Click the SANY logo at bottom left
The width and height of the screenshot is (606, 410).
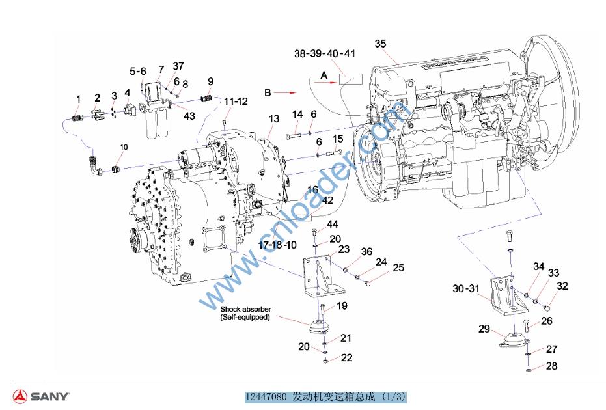point(40,396)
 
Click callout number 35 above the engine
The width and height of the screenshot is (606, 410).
point(381,44)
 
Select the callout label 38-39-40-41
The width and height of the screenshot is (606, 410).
point(324,53)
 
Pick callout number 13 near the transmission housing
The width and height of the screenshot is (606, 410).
point(273,119)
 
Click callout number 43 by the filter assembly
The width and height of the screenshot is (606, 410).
point(189,116)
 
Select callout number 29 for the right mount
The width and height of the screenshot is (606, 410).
point(484,329)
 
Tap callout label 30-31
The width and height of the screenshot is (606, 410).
point(466,288)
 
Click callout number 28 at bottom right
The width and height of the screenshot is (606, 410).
point(551,366)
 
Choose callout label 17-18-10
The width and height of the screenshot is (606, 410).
point(278,245)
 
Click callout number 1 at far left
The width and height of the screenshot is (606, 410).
point(78,100)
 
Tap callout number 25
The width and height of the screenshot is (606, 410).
point(398,267)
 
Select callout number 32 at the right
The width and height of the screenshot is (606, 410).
point(562,285)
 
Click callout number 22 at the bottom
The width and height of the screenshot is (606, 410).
point(346,357)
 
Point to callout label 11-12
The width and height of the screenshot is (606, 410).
point(236,102)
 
